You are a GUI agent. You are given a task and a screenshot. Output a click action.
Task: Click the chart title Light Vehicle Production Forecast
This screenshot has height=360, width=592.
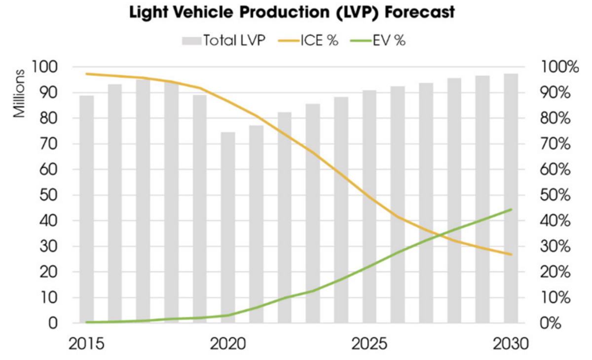tap(291, 13)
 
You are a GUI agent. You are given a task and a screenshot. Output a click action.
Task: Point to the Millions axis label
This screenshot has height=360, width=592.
tap(19, 95)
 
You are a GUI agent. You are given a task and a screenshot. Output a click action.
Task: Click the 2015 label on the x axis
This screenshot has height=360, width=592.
tap(86, 343)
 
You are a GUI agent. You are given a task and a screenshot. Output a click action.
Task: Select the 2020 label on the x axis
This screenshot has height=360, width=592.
tap(227, 343)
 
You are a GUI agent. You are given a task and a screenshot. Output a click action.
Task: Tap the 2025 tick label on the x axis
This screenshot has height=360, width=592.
tap(369, 343)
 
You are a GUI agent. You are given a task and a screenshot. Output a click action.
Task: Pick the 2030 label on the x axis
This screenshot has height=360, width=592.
tap(510, 343)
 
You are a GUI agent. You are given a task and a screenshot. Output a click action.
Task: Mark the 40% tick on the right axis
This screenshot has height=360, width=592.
tap(555, 221)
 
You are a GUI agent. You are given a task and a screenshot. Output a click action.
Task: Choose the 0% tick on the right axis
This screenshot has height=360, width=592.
tap(552, 324)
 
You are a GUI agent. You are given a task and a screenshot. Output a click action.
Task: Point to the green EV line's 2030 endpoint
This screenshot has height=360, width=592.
tap(510, 210)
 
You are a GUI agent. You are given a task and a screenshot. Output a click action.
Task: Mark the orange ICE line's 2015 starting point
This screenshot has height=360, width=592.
tap(86, 74)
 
